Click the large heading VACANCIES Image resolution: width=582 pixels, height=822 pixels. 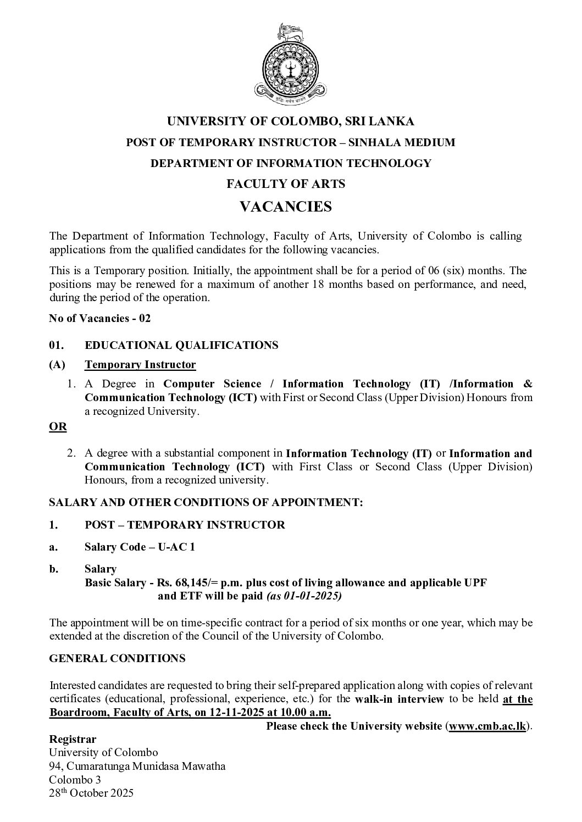pos(286,207)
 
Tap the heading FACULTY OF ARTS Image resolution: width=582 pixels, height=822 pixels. pos(286,184)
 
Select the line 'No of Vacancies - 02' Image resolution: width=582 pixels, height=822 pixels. pos(99,318)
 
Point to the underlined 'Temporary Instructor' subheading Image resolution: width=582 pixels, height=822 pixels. pos(140,364)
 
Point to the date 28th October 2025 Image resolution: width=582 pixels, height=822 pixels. pos(91,793)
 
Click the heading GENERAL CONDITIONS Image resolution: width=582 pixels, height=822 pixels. pos(117,658)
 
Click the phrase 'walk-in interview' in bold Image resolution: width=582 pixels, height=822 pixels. pos(400,699)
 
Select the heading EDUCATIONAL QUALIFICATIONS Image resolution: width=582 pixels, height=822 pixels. pos(181,345)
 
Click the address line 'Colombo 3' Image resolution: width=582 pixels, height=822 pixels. pos(75,780)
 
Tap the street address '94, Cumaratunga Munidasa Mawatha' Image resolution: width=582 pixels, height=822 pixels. pos(137,766)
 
